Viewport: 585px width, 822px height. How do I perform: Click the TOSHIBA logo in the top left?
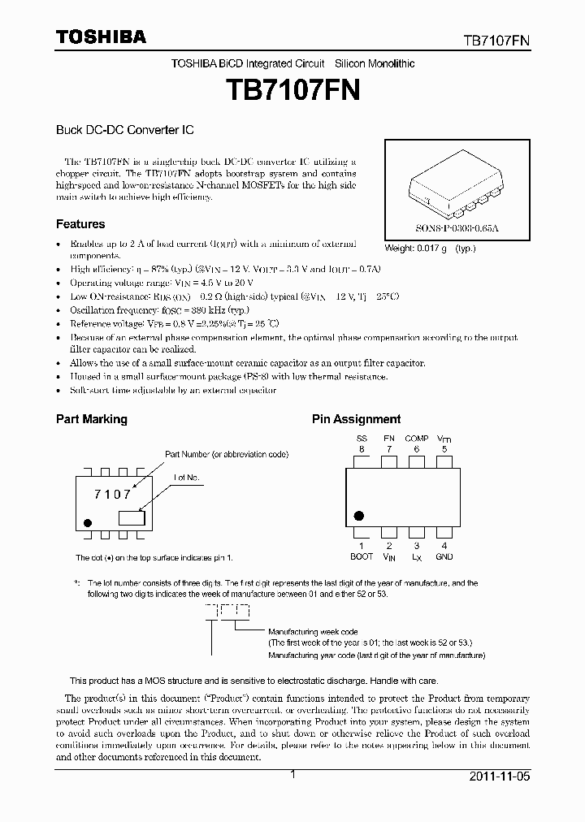tap(101, 37)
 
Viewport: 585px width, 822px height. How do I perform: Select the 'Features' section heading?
tap(80, 224)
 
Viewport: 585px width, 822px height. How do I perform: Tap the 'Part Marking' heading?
tap(91, 419)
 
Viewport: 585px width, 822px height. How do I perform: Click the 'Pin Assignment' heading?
tap(357, 419)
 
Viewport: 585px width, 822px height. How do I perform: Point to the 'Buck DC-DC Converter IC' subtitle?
tap(123, 129)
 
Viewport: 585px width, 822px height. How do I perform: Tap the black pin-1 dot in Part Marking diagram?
tap(88, 522)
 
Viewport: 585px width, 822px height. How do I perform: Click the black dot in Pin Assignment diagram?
tap(358, 515)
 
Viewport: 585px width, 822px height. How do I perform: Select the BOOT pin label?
tap(362, 556)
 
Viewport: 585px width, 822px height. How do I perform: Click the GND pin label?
tap(444, 556)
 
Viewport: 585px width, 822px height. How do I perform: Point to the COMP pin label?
tap(417, 439)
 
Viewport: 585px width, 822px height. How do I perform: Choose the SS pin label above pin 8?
tap(362, 439)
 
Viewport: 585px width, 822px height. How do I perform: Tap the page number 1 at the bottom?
tap(292, 776)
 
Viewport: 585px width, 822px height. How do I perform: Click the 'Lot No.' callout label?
tap(186, 478)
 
